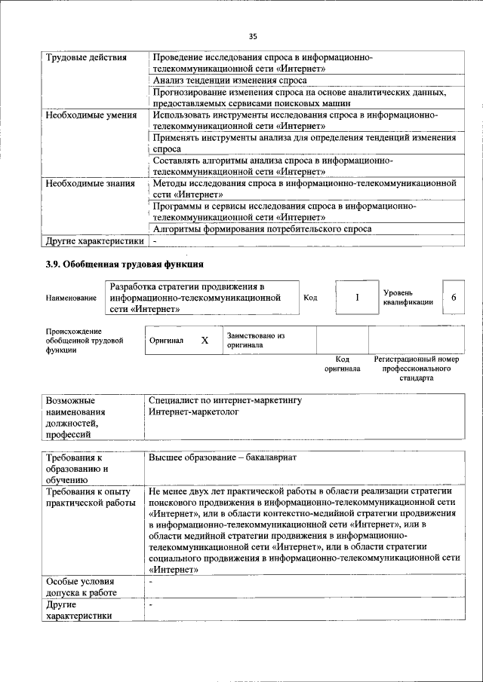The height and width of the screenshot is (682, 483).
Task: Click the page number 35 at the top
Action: (x=253, y=35)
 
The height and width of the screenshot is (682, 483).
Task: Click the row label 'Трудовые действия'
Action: (x=86, y=57)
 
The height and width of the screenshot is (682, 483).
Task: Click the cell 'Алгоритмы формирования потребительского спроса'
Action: (x=262, y=228)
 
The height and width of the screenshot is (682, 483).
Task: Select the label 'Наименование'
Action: (x=71, y=298)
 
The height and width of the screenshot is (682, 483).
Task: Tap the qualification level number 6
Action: (x=454, y=298)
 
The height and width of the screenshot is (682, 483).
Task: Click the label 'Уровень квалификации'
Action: (x=408, y=297)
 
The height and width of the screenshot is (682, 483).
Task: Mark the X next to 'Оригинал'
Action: (x=205, y=341)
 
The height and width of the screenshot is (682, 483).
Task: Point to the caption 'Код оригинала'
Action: (x=342, y=364)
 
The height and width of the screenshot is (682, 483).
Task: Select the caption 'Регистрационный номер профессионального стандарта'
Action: (x=416, y=369)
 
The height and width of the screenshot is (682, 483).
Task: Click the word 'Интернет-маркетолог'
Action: (x=193, y=412)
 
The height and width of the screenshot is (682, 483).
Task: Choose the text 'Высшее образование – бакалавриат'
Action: (x=223, y=458)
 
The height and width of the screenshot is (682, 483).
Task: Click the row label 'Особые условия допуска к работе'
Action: (x=81, y=587)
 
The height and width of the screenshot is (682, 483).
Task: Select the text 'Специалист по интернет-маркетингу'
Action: (x=225, y=400)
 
